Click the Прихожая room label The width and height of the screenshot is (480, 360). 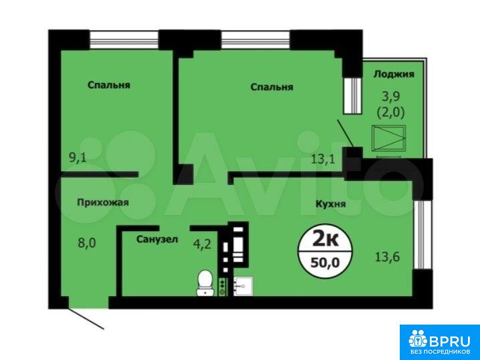(x=102, y=202)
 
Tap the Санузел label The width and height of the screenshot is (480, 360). (x=157, y=239)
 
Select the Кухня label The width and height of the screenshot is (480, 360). (x=331, y=204)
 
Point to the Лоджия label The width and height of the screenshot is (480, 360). (x=394, y=74)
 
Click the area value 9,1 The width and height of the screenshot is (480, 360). (x=78, y=158)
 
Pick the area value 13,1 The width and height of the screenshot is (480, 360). (x=323, y=159)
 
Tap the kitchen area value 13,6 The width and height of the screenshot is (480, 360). (x=387, y=257)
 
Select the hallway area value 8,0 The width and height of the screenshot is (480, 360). (x=87, y=244)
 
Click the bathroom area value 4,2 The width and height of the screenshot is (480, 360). (x=202, y=244)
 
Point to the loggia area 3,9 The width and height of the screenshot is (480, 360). (x=391, y=97)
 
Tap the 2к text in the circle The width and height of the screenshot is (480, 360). (x=326, y=240)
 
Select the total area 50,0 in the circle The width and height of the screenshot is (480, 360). (x=325, y=262)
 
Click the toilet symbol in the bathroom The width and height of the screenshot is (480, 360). (x=205, y=283)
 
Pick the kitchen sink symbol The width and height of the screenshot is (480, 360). (x=243, y=287)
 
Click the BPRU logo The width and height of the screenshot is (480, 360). (x=440, y=342)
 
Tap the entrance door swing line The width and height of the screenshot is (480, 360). (x=86, y=319)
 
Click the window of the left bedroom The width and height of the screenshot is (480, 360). (x=124, y=39)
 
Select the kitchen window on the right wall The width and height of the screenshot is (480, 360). (x=418, y=234)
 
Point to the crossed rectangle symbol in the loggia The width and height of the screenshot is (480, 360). (x=388, y=138)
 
